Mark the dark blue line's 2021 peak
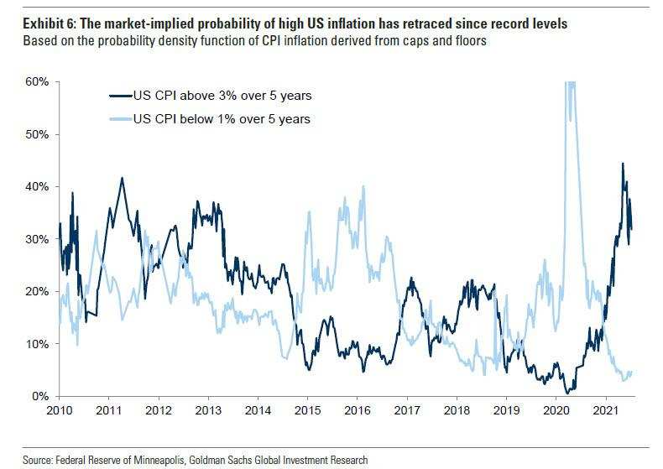(x=622, y=164)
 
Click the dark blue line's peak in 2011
(x=123, y=178)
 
